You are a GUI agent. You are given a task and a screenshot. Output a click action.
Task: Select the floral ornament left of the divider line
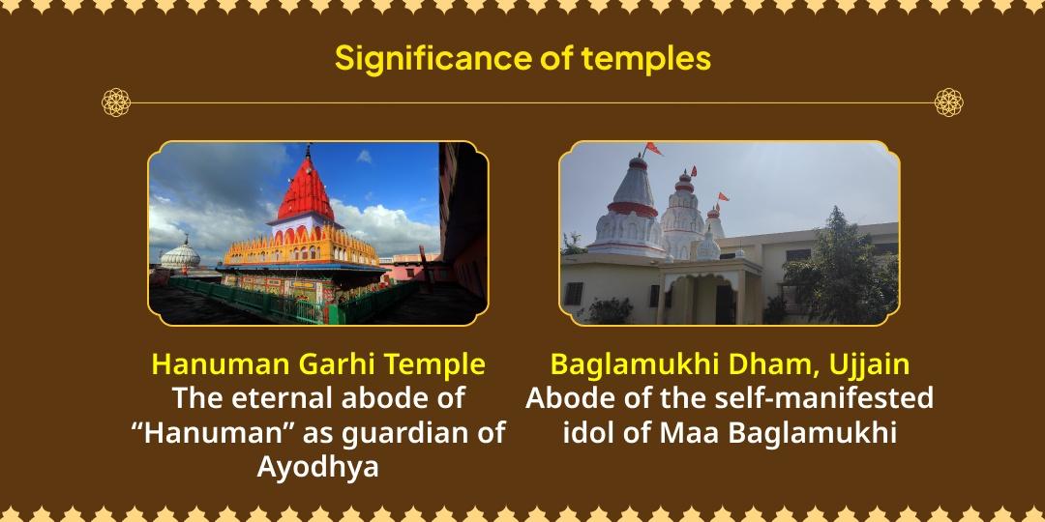pos(116,102)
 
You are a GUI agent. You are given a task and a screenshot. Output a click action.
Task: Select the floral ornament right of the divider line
pos(948,102)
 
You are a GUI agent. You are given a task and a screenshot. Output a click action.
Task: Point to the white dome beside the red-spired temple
pos(180,254)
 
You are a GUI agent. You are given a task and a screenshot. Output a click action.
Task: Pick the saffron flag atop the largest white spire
pos(654,149)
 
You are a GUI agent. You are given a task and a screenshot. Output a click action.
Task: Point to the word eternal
pos(283,398)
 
